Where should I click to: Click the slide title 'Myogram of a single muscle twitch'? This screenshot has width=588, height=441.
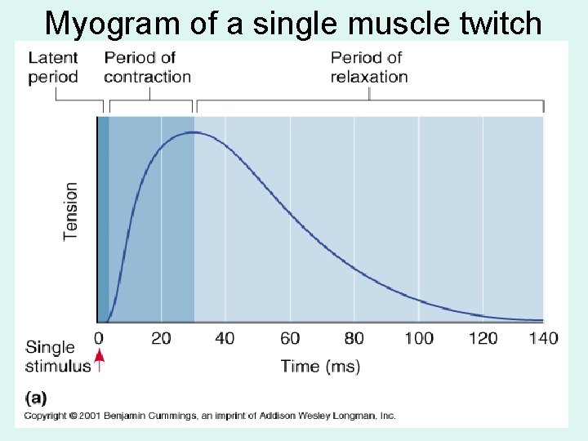(293, 23)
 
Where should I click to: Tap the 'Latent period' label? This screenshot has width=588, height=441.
(53, 67)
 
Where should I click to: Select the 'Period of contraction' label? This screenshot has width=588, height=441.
(147, 67)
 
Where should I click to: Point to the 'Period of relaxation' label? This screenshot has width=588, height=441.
(369, 67)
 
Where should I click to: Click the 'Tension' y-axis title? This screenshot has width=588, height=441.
(71, 211)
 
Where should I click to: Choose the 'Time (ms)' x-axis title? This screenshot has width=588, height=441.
(320, 367)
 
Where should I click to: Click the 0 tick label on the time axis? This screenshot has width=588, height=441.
(99, 338)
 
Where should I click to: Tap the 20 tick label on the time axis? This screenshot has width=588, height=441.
(161, 338)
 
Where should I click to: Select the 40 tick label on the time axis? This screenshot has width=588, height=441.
(225, 338)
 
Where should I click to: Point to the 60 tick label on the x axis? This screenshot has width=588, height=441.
(290, 338)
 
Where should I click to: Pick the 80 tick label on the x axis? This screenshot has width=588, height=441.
(354, 338)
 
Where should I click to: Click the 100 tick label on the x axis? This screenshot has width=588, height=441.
(418, 338)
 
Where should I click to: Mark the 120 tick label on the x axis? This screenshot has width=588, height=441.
(483, 338)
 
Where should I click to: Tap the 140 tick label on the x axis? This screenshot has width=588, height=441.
(543, 338)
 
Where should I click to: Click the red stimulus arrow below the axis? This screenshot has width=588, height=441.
(100, 360)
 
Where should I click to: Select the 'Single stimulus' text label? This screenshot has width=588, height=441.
(57, 357)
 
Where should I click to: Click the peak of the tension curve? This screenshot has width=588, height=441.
(193, 132)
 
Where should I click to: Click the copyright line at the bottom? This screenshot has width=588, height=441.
(210, 416)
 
